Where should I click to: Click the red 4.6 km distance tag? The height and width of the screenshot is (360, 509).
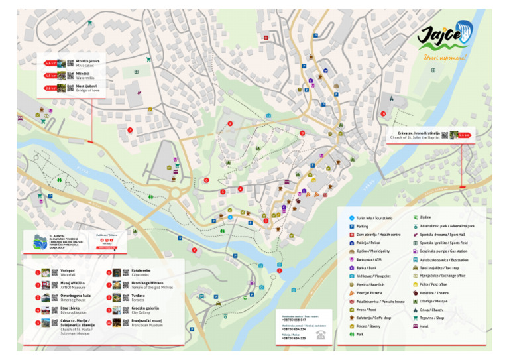tap(50, 63)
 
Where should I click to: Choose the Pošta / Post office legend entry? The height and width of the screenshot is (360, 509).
tap(434, 284)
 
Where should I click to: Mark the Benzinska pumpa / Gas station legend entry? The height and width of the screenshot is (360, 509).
tap(441, 251)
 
